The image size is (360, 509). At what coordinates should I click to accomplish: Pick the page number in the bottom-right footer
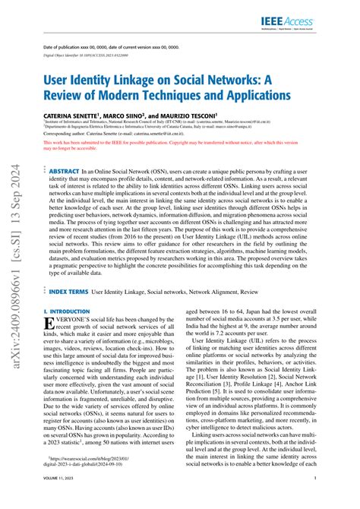(336, 498)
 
